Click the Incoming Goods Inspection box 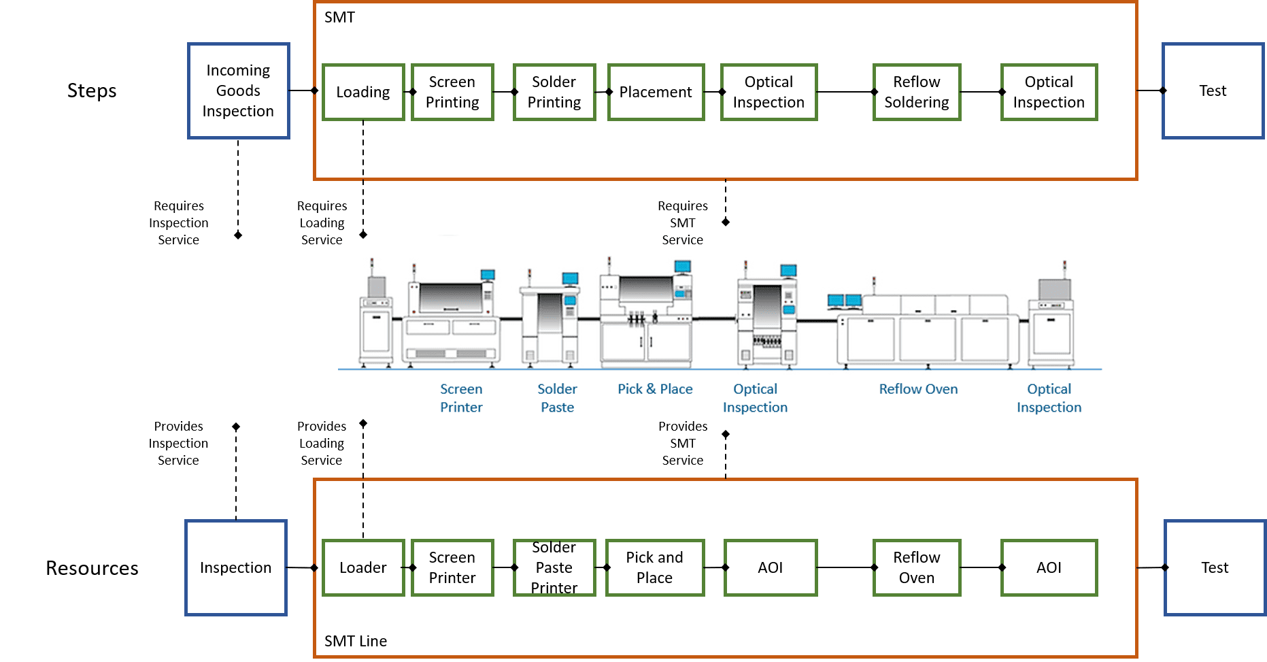238,90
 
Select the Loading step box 363,92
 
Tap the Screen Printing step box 452,92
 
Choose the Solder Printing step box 554,92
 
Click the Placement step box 656,92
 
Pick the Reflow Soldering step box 917,92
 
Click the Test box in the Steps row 1213,90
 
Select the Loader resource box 363,567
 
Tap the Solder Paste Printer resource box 554,567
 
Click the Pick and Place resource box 654,567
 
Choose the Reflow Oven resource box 917,567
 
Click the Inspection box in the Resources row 235,567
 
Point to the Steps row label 92,90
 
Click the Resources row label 92,568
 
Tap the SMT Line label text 356,641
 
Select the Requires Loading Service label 322,222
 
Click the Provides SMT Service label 683,443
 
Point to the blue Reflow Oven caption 918,389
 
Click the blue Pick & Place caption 655,389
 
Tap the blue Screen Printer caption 461,398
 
